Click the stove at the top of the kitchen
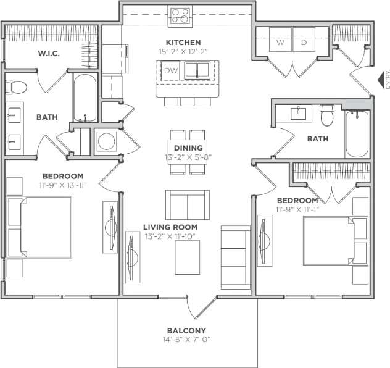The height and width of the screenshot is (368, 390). tap(180, 15)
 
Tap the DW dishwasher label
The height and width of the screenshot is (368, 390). tap(170, 70)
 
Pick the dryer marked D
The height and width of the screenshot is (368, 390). tap(304, 43)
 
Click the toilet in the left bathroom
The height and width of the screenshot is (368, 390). tap(15, 86)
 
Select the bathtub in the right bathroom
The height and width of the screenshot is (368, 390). tap(357, 134)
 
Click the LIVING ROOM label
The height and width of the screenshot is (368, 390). tap(169, 227)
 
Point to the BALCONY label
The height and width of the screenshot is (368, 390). tap(186, 330)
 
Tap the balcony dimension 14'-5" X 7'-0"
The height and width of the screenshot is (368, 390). tap(186, 339)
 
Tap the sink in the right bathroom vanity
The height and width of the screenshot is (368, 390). tap(299, 112)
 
